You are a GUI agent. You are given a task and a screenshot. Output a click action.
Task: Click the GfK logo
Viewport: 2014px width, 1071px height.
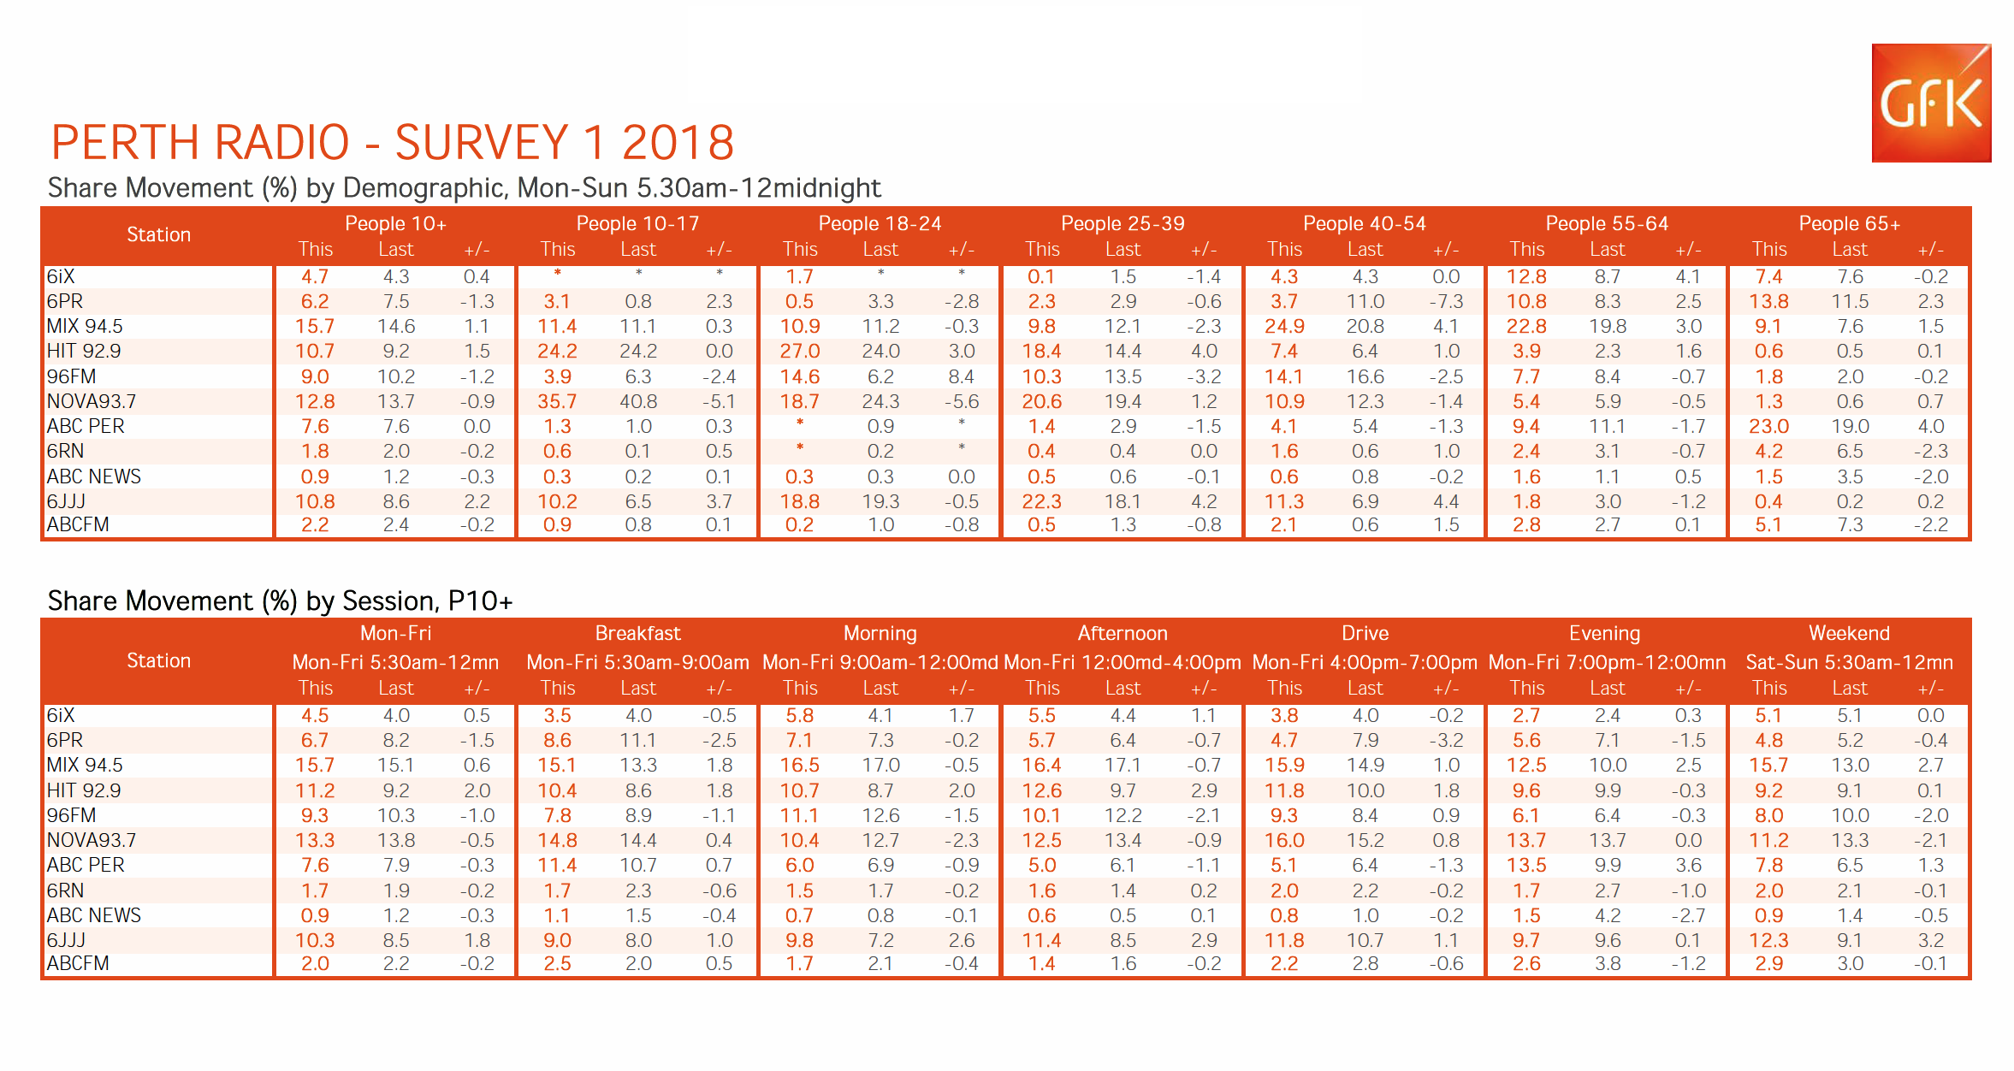pyautogui.click(x=1930, y=103)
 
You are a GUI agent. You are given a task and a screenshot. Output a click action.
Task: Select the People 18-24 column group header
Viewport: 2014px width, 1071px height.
pyautogui.click(x=880, y=223)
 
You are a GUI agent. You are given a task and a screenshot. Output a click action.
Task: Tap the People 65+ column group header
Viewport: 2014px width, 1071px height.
pyautogui.click(x=1849, y=223)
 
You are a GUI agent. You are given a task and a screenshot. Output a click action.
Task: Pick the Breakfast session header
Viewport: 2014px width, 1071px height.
pyautogui.click(x=637, y=633)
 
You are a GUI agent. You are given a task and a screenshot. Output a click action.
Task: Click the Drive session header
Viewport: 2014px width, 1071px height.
pyautogui.click(x=1365, y=633)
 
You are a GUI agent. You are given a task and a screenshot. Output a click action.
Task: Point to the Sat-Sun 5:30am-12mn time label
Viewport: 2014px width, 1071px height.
pyautogui.click(x=1849, y=662)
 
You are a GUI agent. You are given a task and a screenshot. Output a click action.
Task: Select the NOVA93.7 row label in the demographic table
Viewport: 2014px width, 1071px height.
pyautogui.click(x=92, y=401)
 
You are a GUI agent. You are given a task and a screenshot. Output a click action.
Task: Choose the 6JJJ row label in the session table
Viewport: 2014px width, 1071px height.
pyautogui.click(x=66, y=940)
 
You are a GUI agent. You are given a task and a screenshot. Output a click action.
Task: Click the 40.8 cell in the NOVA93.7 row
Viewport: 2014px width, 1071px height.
pyautogui.click(x=638, y=401)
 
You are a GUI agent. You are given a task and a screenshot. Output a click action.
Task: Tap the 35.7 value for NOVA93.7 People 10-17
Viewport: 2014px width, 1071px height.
pyautogui.click(x=557, y=401)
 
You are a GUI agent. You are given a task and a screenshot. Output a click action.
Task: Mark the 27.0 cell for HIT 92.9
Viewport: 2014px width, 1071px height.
pyautogui.click(x=800, y=351)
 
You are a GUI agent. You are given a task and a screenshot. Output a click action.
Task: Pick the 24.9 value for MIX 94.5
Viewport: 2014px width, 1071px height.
pyautogui.click(x=1284, y=326)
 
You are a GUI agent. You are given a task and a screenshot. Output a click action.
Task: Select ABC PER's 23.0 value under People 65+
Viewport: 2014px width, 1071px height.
pyautogui.click(x=1768, y=426)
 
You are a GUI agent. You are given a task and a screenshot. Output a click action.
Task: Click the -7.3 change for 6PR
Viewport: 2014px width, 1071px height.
pyautogui.click(x=1446, y=301)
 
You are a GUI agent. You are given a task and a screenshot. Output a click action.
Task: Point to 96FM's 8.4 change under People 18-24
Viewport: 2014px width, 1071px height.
pyautogui.click(x=961, y=376)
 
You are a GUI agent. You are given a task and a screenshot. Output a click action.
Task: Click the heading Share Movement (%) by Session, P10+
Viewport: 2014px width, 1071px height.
pyautogui.click(x=280, y=601)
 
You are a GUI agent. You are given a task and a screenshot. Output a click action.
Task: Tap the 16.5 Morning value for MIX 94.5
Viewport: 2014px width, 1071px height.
pyautogui.click(x=800, y=765)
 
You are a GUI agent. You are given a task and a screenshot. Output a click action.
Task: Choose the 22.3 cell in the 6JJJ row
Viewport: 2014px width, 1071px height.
pyautogui.click(x=1041, y=501)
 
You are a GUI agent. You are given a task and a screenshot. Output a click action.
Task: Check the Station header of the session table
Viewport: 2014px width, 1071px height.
pyautogui.click(x=158, y=660)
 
